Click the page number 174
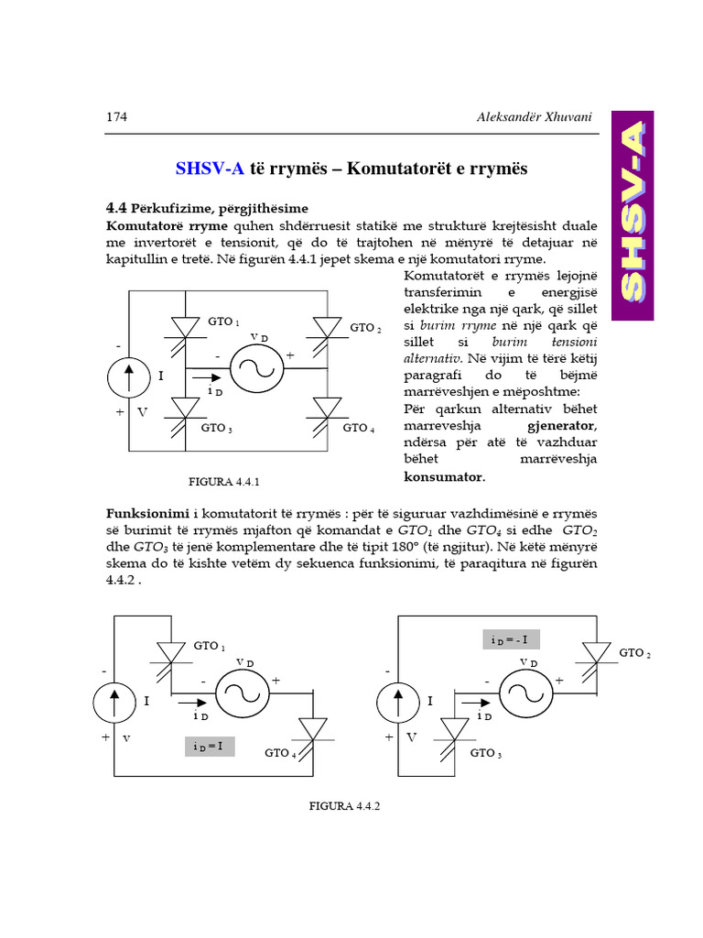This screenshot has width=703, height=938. [x=116, y=117]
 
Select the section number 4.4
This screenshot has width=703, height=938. [x=117, y=208]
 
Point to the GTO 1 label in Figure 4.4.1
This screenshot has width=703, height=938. [x=223, y=322]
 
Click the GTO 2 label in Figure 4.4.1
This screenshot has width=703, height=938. [x=365, y=327]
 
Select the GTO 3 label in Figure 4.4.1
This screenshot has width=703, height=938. [x=217, y=428]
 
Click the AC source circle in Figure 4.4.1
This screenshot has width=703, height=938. [x=255, y=368]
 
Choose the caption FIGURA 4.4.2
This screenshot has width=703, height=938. [x=345, y=806]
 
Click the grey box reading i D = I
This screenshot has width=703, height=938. [x=210, y=746]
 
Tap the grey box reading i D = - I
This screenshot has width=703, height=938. [x=511, y=639]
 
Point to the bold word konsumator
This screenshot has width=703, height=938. [x=444, y=476]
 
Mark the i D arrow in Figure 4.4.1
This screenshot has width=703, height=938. [x=207, y=376]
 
